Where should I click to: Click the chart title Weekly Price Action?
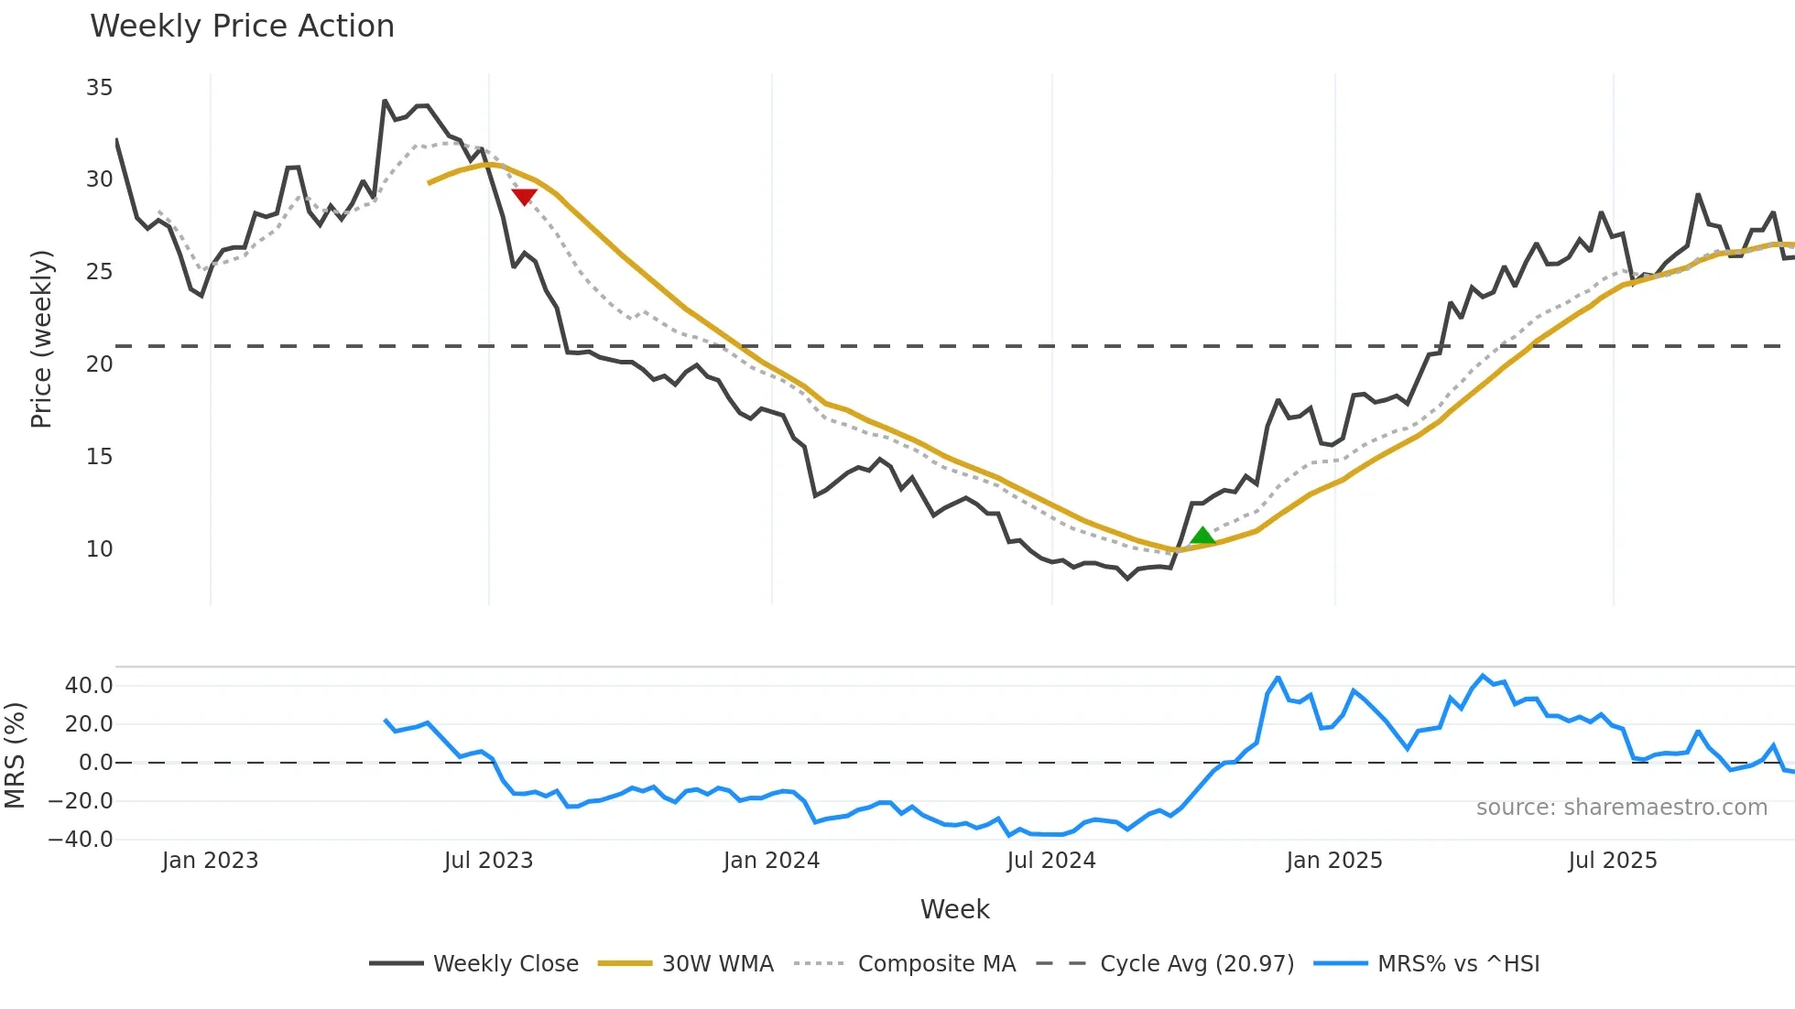242,27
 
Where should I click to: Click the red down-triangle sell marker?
524,196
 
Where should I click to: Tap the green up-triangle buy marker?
1202,536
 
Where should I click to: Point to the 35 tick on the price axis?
99,88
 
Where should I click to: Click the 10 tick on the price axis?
99,549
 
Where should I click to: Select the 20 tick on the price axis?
99,364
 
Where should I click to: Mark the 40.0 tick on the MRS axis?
89,686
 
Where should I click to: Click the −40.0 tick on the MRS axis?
81,840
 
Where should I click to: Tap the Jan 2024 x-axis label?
771,861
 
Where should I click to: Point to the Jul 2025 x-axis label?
1613,861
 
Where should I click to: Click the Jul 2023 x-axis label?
488,861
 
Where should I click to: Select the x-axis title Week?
954,909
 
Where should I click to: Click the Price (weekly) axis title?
41,339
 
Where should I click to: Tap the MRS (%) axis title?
15,755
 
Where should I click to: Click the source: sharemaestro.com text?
1621,808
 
